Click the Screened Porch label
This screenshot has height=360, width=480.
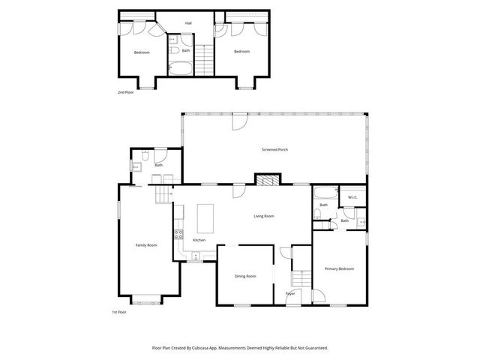point(274,149)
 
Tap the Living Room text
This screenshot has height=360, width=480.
point(263,216)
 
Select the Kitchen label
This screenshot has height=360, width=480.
point(199,240)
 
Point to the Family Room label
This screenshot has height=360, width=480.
point(146,245)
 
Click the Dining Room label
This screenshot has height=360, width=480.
point(245,276)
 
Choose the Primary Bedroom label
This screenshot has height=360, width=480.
point(339,268)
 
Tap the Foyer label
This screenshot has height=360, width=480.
point(290,293)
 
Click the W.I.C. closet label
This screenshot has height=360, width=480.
point(352,197)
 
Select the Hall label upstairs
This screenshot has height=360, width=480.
point(189,23)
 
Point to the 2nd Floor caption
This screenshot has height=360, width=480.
point(125,91)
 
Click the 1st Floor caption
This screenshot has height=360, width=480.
point(119,312)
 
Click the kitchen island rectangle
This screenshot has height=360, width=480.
point(205,218)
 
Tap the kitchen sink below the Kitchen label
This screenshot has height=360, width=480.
point(193,256)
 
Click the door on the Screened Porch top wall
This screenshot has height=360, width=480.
point(238,120)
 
